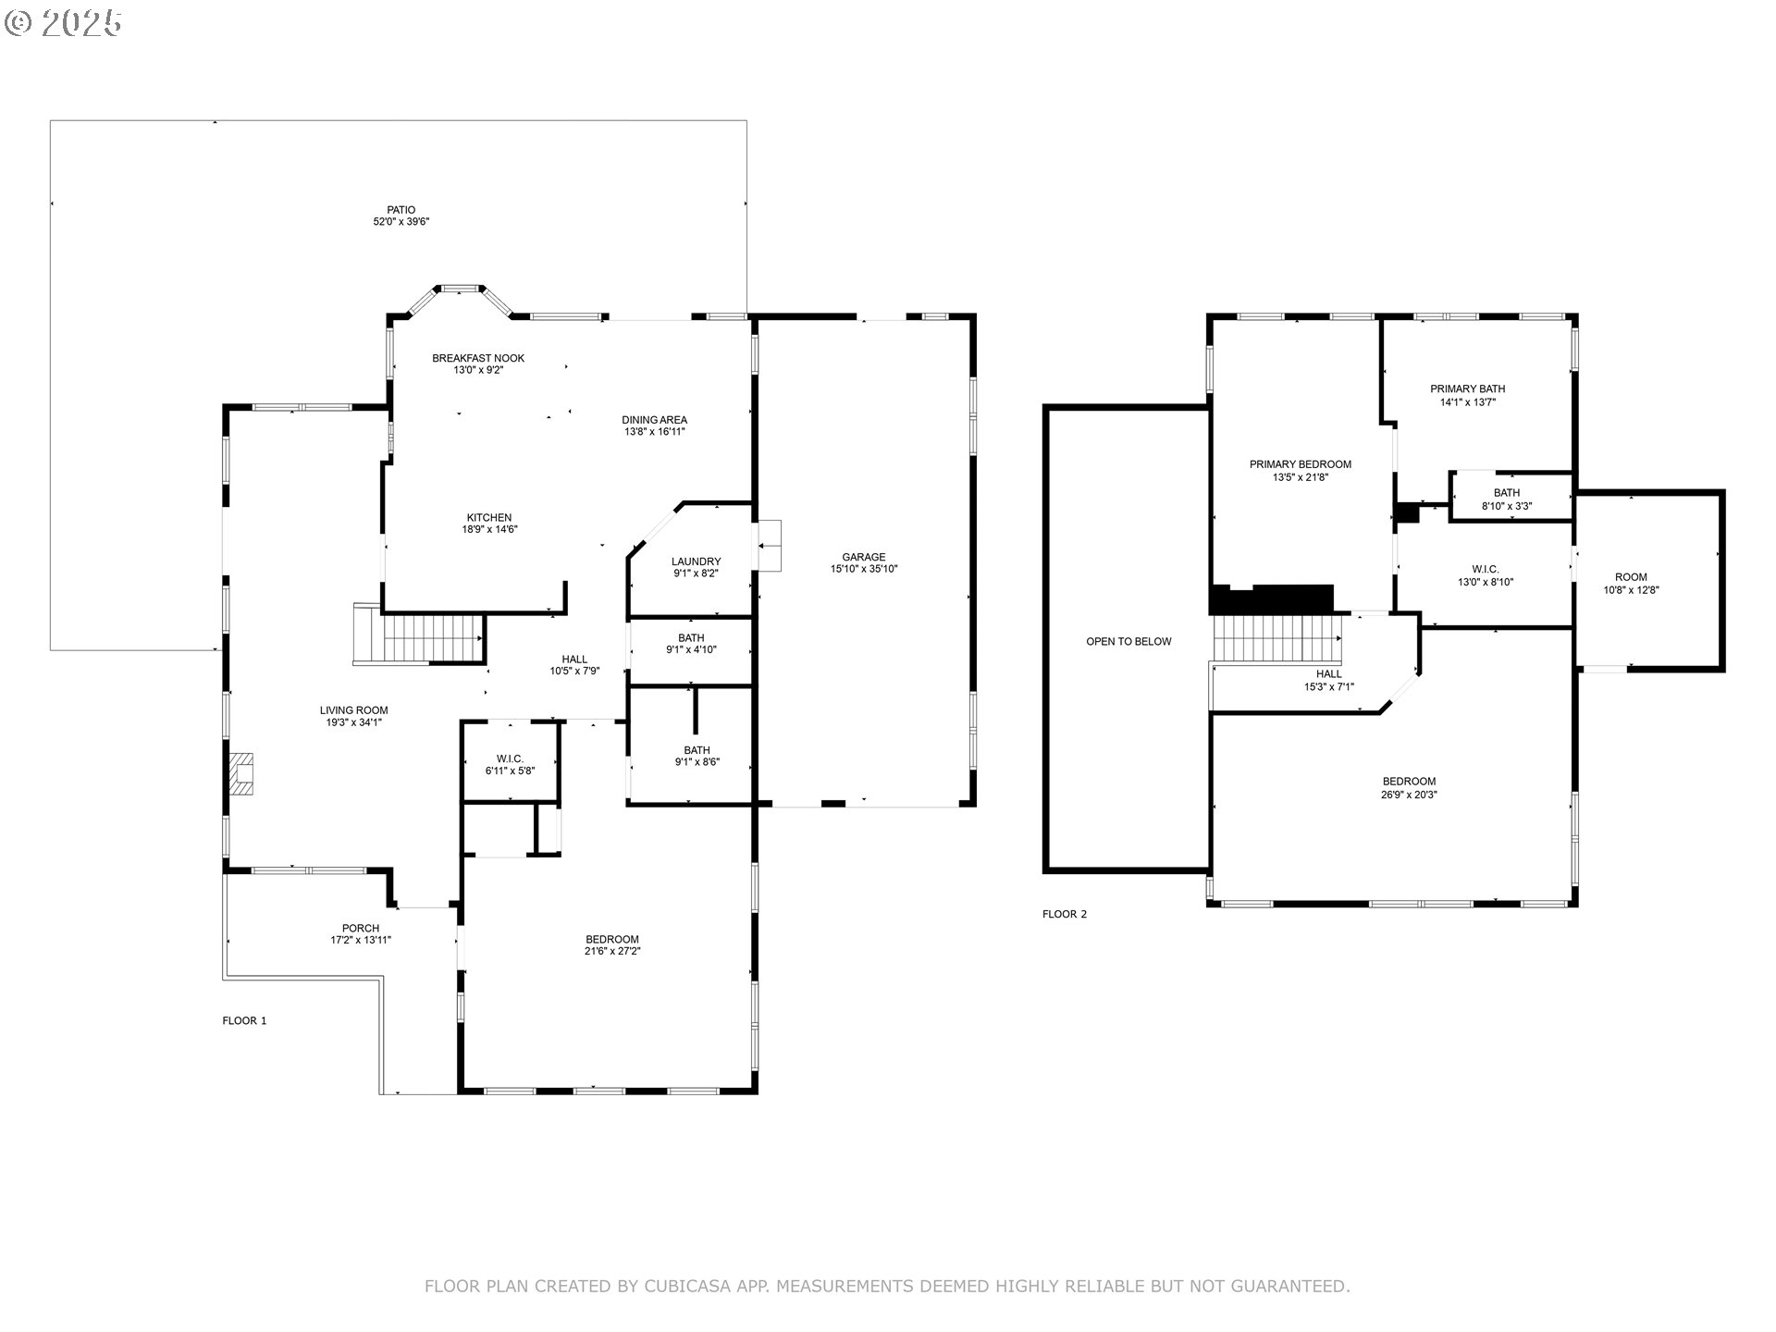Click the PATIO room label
coord(401,210)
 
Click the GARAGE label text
coord(863,557)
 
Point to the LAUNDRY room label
coord(696,561)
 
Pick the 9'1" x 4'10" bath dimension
coord(691,650)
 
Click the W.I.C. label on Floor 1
coord(510,758)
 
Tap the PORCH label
coord(360,928)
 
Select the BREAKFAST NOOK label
coord(478,358)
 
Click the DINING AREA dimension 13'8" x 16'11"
coord(654,432)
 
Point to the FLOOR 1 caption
coord(244,1020)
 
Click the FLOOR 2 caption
coord(1065,914)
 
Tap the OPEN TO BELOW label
coord(1128,641)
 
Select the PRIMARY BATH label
coord(1467,388)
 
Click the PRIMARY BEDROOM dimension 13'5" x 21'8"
coord(1300,477)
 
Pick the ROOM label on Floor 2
coord(1631,577)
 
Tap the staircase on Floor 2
coord(1276,638)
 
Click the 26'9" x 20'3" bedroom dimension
coord(1409,795)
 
